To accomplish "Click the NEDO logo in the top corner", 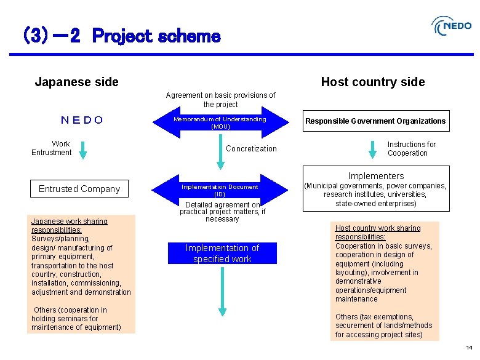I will [452, 26].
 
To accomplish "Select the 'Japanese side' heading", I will [77, 82].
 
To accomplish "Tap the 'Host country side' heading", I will [372, 82].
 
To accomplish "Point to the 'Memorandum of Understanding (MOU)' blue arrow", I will [220, 123].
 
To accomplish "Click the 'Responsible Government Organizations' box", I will [375, 121].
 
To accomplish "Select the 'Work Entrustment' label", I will [52, 148].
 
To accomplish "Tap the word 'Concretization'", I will [251, 148].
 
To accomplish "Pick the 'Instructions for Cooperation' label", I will [411, 149].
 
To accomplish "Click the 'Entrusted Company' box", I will [79, 189].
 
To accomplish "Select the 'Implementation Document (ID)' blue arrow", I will [220, 190].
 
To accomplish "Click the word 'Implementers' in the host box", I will [376, 176].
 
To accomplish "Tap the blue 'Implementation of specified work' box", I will [222, 253].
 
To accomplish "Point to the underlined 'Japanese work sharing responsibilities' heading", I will [70, 225].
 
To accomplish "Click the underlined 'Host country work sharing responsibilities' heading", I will [378, 232].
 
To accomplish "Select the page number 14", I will [469, 348].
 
